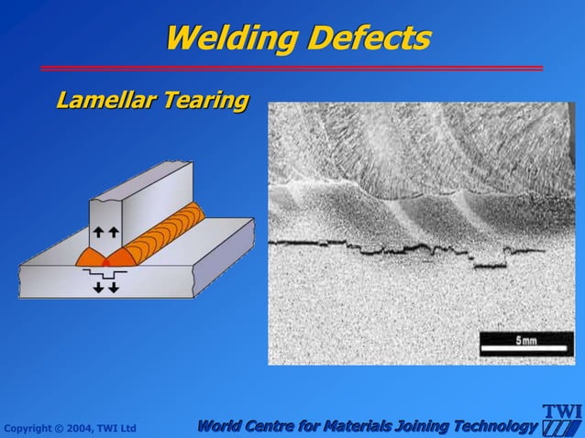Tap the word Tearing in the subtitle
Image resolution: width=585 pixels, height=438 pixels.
click(206, 99)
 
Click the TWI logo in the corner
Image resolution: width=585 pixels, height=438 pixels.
click(561, 421)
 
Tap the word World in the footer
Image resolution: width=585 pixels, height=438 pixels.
click(223, 425)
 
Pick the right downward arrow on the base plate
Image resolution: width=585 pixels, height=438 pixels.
click(113, 287)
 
